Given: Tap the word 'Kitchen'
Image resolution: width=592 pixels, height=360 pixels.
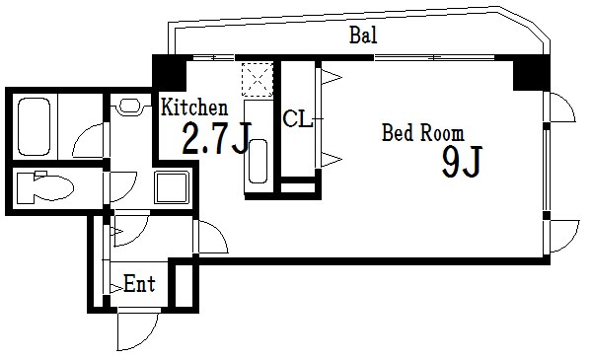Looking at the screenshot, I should [195, 108].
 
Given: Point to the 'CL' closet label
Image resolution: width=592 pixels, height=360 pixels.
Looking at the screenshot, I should [297, 120].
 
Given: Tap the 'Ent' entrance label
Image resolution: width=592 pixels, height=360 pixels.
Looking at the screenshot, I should [139, 286].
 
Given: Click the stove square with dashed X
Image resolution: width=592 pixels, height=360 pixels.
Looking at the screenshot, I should [257, 78].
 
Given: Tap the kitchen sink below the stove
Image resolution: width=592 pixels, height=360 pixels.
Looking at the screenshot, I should [257, 161].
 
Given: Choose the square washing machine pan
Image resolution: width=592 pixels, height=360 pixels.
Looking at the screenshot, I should [174, 184].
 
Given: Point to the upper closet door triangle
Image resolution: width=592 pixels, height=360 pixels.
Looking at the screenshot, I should [329, 76].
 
